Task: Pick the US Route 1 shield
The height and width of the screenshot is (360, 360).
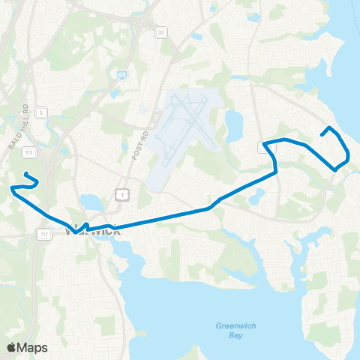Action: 120,195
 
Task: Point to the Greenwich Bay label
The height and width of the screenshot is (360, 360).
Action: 229,331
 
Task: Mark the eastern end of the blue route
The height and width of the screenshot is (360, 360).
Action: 322,134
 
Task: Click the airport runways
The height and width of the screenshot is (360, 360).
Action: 184,124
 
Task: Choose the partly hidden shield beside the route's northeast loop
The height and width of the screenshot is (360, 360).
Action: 262,148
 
